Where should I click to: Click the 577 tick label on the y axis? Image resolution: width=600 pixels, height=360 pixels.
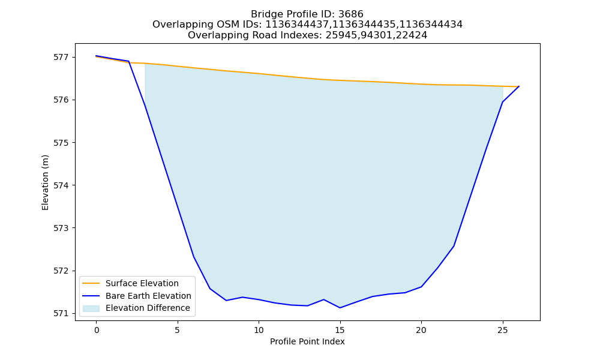point(61,58)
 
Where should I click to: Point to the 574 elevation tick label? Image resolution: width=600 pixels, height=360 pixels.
point(61,185)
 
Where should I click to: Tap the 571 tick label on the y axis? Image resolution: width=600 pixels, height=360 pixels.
point(61,313)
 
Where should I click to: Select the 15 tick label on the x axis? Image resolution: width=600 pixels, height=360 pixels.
point(340,330)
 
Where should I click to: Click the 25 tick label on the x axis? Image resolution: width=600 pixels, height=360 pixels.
point(502,330)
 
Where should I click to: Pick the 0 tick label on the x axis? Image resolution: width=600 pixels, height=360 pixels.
point(97,330)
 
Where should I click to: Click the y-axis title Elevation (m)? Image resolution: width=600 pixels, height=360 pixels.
point(45,182)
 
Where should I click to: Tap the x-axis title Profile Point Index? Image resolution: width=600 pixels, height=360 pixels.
point(307,341)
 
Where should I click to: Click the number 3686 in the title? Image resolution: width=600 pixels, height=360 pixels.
point(351,14)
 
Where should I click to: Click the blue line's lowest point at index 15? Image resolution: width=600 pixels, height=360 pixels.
point(340,308)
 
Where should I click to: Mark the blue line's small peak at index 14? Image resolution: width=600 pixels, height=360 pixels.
point(324,299)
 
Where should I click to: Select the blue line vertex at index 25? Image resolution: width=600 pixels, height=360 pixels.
point(502,102)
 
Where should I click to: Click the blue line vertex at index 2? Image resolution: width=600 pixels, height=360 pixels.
point(128,61)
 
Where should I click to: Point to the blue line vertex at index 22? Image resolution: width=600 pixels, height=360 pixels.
point(454,246)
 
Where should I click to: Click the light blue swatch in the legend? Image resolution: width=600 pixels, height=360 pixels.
point(91,308)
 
